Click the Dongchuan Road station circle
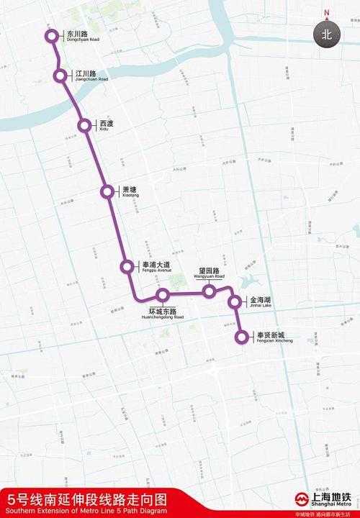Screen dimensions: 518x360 51,36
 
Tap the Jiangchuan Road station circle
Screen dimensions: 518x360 60,76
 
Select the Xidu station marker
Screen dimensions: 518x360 86,126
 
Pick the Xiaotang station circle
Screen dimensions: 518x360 107,191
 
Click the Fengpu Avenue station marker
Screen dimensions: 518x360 127,267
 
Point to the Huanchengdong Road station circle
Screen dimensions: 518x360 163,295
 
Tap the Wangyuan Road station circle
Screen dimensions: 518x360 210,291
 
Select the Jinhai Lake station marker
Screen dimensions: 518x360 235,302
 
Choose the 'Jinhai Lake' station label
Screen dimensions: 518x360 260,302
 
